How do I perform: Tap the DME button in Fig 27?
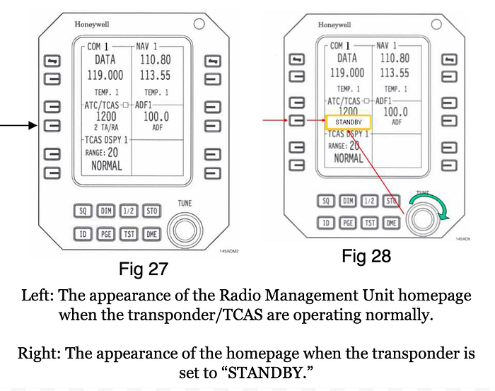151,233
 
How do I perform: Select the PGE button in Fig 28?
349,222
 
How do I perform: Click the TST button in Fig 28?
371,222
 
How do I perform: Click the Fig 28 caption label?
366,256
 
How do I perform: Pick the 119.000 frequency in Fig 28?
347,73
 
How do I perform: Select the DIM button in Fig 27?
105,211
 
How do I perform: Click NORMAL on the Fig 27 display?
106,165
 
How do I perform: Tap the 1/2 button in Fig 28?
371,201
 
